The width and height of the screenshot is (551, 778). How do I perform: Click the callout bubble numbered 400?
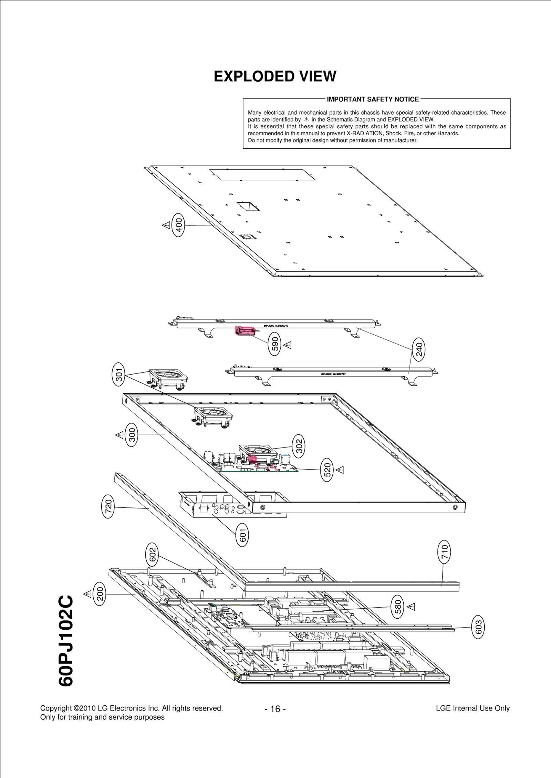[x=179, y=225]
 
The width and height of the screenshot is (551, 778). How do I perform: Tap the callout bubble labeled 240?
[x=419, y=349]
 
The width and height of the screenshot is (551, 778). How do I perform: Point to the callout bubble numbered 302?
[x=299, y=446]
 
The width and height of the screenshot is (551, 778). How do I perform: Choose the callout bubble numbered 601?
[x=242, y=535]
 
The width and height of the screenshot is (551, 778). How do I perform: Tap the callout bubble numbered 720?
[x=108, y=506]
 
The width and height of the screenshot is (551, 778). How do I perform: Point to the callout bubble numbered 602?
[x=153, y=555]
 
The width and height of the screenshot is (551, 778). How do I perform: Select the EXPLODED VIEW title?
[x=275, y=76]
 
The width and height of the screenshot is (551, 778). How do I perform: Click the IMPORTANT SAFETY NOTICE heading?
[x=373, y=99]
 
